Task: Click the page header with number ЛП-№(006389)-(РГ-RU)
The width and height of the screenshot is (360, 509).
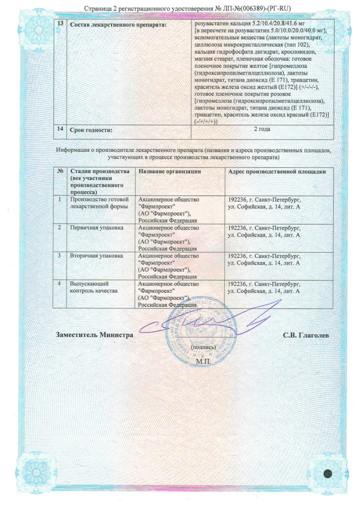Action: click(x=180, y=8)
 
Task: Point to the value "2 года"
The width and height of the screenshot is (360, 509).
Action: click(x=262, y=130)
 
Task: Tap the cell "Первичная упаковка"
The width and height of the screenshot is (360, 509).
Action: click(x=96, y=228)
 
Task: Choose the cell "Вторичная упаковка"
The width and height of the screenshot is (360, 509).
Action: click(x=96, y=256)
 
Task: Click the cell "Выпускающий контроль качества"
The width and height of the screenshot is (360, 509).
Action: click(x=93, y=287)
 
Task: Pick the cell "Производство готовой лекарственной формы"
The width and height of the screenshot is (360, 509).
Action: click(x=99, y=203)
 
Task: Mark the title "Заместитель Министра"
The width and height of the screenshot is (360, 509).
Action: click(x=94, y=335)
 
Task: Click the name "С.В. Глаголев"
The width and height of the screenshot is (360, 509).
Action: click(x=306, y=335)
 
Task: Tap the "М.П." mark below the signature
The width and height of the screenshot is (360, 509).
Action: click(x=203, y=361)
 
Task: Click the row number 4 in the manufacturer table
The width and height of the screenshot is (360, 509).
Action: click(x=60, y=284)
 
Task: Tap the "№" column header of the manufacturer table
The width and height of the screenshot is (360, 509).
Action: click(x=60, y=171)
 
